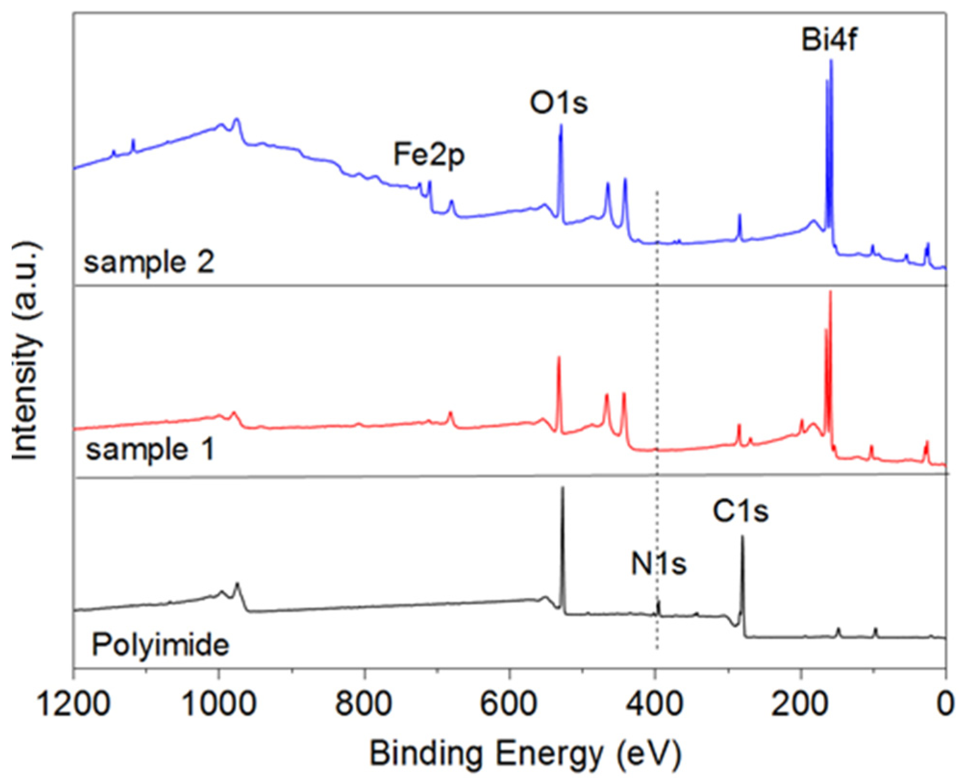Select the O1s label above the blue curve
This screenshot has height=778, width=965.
[x=558, y=103]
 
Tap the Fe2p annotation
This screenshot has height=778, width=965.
[x=429, y=155]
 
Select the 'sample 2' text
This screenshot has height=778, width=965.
[x=149, y=263]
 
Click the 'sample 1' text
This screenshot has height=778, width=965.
[x=149, y=450]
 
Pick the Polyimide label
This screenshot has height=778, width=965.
[x=161, y=645]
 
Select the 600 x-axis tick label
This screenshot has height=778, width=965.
[x=510, y=704]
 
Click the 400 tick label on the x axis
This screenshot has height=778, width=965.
[x=655, y=704]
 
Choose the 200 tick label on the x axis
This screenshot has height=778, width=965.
[x=801, y=704]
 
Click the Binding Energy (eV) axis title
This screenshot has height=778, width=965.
[x=525, y=753]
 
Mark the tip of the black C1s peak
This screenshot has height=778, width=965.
[x=742, y=537]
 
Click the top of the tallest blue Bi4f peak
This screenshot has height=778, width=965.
[x=831, y=61]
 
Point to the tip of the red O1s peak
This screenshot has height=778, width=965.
[x=558, y=358]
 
